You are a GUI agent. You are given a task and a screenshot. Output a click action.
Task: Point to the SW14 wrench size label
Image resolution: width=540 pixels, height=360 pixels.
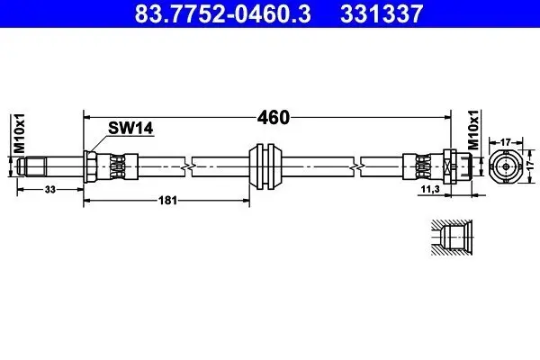tap(130, 129)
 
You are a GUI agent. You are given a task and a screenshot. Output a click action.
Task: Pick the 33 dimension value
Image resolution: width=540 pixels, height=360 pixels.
tap(49, 188)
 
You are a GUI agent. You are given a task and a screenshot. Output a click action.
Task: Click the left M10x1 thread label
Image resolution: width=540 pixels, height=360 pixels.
tap(19, 133)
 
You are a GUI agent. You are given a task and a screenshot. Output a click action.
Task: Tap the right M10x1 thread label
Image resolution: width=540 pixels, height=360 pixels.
tap(472, 132)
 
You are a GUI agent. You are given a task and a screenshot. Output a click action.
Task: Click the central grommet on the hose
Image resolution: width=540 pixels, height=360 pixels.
tap(266, 165)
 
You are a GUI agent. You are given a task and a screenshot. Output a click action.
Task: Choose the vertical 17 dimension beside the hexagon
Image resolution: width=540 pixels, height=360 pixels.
tap(532, 166)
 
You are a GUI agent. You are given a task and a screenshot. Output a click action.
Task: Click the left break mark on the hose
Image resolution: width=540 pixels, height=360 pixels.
tap(186, 166)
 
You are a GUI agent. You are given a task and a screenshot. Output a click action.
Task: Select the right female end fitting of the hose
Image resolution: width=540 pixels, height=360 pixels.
tap(450, 166)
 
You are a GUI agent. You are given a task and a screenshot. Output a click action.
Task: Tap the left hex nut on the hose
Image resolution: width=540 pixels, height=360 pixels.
tap(91, 166)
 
